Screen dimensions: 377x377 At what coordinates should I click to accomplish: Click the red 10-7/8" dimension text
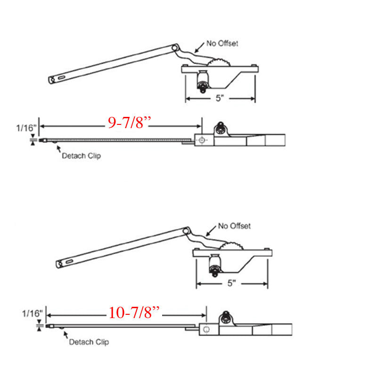click(135, 312)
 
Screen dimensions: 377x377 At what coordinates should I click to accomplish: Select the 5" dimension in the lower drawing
click(231, 284)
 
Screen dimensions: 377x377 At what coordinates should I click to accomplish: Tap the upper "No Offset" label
click(222, 44)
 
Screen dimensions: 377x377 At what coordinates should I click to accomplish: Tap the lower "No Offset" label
click(234, 226)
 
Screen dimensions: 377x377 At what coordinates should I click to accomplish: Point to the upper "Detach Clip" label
click(81, 155)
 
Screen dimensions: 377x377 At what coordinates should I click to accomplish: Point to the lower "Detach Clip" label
click(89, 342)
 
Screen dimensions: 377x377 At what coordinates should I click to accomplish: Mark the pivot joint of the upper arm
click(175, 48)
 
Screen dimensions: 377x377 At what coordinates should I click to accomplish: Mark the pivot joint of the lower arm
click(187, 230)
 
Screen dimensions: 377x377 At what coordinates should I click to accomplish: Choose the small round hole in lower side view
click(206, 329)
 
